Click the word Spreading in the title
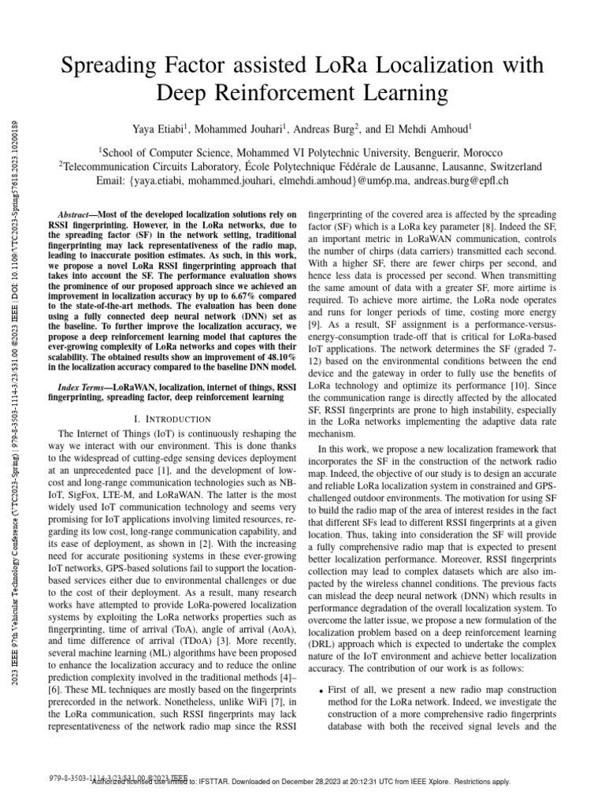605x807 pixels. coord(109,68)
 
